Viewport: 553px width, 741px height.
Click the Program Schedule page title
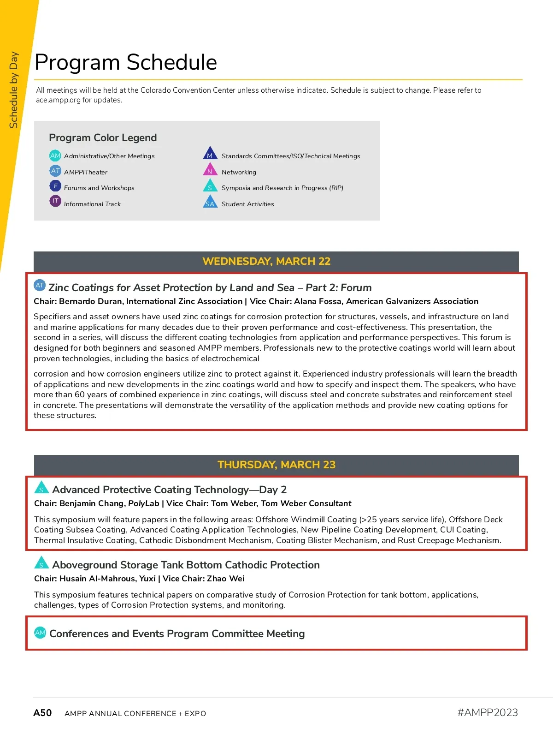coord(125,62)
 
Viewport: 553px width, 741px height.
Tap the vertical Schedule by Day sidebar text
coord(14,90)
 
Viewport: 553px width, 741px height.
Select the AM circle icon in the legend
coord(55,155)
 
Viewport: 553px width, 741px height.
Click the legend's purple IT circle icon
coord(55,201)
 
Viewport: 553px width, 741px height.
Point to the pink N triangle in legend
coord(210,170)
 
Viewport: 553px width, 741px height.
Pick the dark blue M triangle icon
coord(210,154)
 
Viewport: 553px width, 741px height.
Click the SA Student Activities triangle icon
coord(210,203)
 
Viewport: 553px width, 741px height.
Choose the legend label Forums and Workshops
coord(99,188)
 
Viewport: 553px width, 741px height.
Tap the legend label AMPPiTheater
coord(86,172)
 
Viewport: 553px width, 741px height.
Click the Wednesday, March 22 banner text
coord(266,261)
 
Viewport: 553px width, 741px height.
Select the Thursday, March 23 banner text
coord(276,465)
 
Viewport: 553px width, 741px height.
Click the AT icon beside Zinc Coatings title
coord(40,285)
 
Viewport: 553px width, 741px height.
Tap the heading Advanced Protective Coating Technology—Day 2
coord(169,490)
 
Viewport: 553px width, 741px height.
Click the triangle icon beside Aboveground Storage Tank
coord(41,563)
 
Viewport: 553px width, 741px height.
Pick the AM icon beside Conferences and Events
coord(40,633)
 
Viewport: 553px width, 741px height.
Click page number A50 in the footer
coord(42,713)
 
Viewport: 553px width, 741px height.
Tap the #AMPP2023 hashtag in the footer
coord(488,712)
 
